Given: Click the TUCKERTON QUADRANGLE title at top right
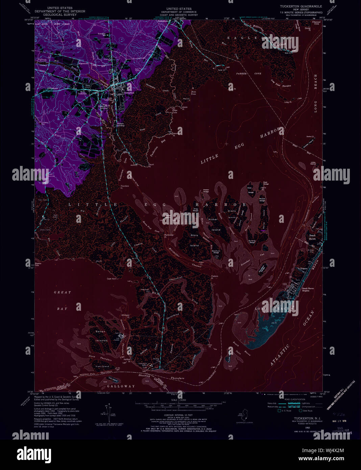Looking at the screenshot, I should coord(300,6).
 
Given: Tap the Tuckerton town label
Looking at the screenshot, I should coord(129,93).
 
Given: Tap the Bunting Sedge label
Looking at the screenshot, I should coord(252,241).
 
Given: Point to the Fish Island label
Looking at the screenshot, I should coord(102,367).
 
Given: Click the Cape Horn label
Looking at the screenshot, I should coord(112,279).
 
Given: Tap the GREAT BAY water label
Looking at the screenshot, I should coord(63,300).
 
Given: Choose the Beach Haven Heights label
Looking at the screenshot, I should coord(310,289).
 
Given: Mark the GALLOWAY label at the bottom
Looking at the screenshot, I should coord(121,386).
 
